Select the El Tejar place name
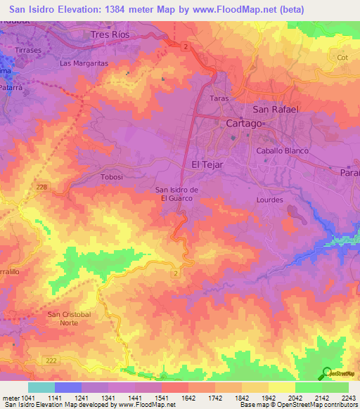click(208, 164)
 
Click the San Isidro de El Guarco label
click(179, 194)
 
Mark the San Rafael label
click(276, 110)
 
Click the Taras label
click(220, 99)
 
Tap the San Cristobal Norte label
click(69, 318)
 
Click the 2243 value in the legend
click(347, 398)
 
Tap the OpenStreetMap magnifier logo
click(327, 374)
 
